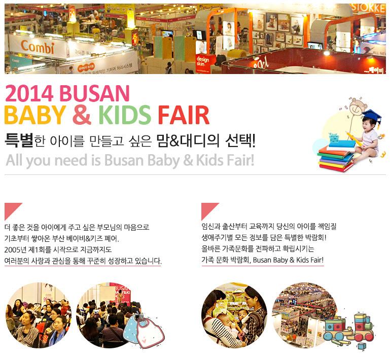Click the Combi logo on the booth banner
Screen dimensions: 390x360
click(38, 47)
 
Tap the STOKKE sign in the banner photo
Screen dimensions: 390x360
click(369, 8)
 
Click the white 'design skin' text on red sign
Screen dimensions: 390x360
click(202, 61)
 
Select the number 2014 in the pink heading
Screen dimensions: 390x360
click(29, 93)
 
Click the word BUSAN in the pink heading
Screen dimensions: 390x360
click(94, 93)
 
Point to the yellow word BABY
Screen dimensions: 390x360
click(36, 115)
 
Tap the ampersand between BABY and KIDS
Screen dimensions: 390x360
click(82, 115)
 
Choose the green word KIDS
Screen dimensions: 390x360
click(124, 115)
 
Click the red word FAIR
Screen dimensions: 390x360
click(184, 115)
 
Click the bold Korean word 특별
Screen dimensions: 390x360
click(19, 140)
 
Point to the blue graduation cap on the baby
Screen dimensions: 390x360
click(372, 117)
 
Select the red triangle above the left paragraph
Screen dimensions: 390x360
click(11, 209)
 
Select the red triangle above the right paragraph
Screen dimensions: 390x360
click(207, 209)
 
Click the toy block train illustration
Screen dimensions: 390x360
click(348, 330)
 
